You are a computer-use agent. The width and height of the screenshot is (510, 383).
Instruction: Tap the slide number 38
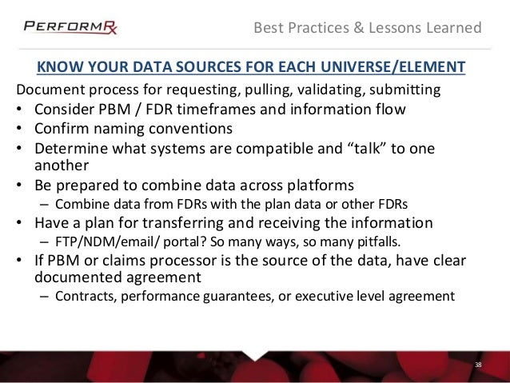[478, 365]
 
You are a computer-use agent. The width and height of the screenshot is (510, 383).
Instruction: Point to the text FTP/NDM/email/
[95, 241]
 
